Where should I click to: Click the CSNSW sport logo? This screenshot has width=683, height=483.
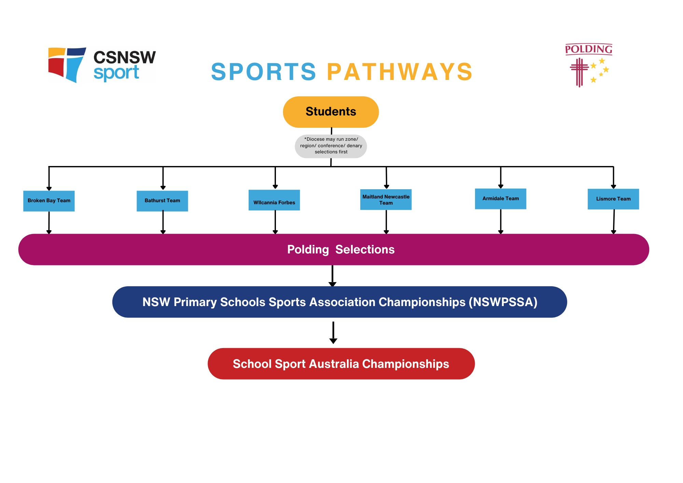(x=102, y=65)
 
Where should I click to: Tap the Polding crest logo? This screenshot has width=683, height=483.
(x=588, y=65)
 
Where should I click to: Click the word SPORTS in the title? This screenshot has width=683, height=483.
(x=264, y=72)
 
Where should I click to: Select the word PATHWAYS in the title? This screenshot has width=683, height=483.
(x=400, y=72)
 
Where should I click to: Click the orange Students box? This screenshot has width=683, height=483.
(x=331, y=112)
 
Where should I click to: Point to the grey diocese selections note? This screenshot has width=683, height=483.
(x=331, y=146)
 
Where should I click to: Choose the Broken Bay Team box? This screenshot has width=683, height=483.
(x=49, y=201)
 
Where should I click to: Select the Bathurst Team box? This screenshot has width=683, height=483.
(x=162, y=201)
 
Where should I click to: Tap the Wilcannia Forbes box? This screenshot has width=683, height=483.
(x=274, y=200)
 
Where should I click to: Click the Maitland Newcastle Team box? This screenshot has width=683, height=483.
(x=386, y=199)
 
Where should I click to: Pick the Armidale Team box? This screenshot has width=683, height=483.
(x=501, y=199)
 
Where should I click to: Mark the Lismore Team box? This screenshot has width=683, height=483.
(x=613, y=199)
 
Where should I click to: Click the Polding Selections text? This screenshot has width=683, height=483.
(x=341, y=250)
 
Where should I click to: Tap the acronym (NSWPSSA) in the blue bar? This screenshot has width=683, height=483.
(x=503, y=302)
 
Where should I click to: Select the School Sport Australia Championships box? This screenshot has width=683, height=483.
(x=341, y=364)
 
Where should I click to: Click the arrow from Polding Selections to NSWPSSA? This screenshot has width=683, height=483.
(x=332, y=276)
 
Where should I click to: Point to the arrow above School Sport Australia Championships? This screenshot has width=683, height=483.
(x=333, y=332)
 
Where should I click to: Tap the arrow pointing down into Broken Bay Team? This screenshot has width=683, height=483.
(x=49, y=179)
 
